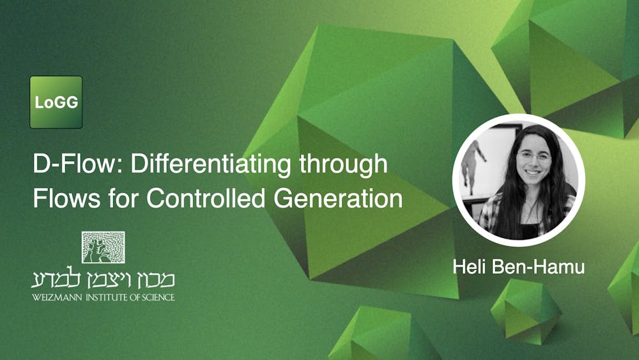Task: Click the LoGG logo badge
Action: (56, 102)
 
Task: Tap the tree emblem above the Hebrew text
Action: (103, 247)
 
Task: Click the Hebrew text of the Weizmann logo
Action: (103, 279)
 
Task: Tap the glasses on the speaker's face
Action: (534, 156)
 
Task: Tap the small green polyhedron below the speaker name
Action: (525, 313)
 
